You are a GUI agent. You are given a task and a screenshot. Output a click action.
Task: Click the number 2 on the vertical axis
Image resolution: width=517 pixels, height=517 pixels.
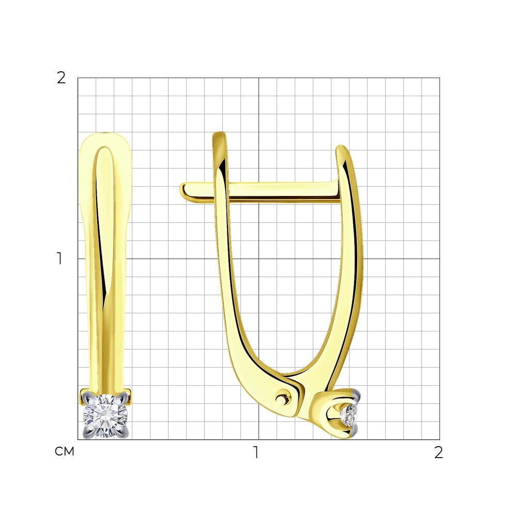tap(62, 78)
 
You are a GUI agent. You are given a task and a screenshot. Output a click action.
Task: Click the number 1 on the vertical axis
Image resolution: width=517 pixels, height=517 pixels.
tap(59, 258)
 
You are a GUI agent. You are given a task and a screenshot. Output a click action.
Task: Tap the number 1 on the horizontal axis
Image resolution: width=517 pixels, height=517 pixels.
tap(256, 452)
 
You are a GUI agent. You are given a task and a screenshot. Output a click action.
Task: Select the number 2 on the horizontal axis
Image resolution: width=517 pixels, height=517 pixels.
tap(438, 452)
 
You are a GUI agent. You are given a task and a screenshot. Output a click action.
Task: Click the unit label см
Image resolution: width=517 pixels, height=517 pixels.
tap(65, 451)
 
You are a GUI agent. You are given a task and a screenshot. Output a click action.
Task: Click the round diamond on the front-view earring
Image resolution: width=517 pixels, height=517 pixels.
tap(105, 416)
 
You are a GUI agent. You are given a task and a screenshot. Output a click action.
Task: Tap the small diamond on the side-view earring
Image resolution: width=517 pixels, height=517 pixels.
tap(349, 416)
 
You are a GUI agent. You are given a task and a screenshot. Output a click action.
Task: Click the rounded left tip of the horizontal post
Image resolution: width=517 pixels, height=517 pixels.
tap(183, 191)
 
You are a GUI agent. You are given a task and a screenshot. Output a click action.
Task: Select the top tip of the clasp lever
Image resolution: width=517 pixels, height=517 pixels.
tap(219, 133)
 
